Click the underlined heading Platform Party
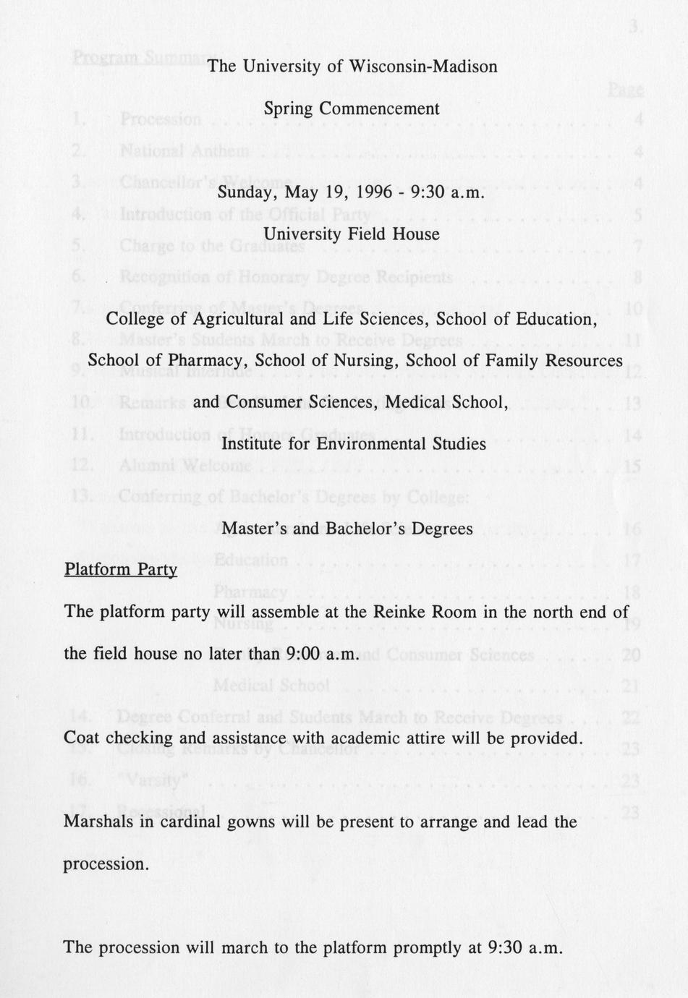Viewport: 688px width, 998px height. [x=121, y=569]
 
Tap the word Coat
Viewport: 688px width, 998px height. [x=82, y=738]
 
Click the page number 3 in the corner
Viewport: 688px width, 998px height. [x=634, y=27]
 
